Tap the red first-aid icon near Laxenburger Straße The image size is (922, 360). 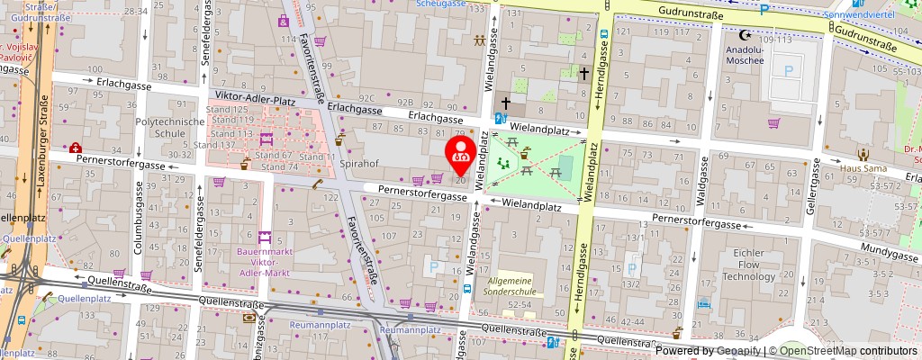pos(73,147)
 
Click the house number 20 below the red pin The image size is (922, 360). pos(461,180)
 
